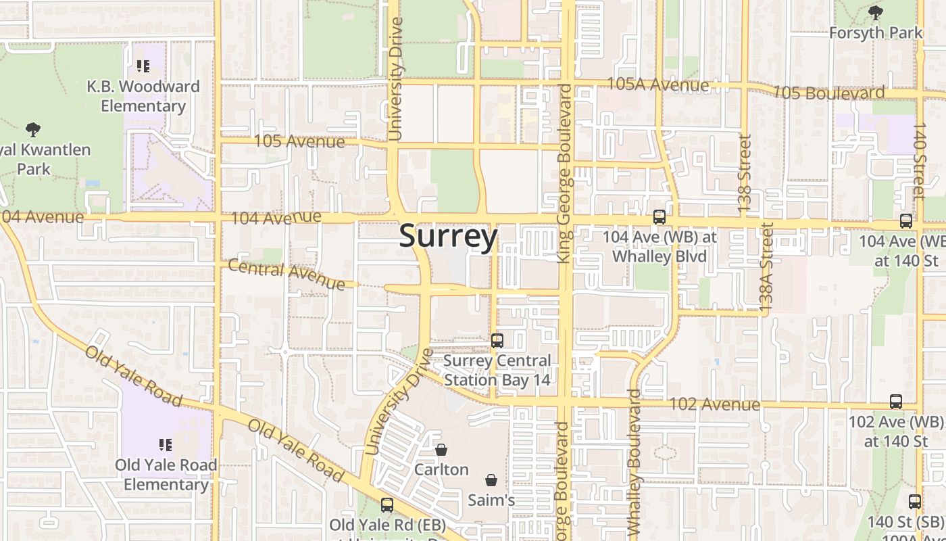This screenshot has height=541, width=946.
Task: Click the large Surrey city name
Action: click(x=449, y=237)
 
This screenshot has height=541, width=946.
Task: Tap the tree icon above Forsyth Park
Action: click(x=875, y=13)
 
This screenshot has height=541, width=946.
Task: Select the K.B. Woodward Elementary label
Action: click(x=143, y=96)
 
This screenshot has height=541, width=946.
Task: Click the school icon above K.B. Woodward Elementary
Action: click(x=143, y=66)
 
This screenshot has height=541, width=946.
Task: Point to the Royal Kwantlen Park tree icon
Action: click(x=32, y=129)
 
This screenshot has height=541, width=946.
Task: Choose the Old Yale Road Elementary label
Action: click(x=166, y=475)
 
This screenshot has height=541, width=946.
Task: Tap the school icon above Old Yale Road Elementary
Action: click(x=166, y=445)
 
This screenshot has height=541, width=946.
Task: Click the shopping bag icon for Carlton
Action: click(x=441, y=450)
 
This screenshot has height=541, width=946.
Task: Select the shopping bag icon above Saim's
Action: click(x=491, y=480)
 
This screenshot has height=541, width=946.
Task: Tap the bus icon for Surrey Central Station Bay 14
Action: click(x=497, y=340)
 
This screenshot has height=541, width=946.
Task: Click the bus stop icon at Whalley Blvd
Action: click(x=659, y=217)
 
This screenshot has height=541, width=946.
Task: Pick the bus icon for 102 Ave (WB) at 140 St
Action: click(x=896, y=402)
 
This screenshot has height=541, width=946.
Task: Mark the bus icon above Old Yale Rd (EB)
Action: click(x=387, y=504)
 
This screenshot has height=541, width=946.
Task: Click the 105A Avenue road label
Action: click(x=658, y=85)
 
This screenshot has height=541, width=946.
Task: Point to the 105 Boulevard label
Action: click(x=828, y=92)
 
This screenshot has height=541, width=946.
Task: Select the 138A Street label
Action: click(x=767, y=268)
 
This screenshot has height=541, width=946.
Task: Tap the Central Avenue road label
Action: click(x=287, y=274)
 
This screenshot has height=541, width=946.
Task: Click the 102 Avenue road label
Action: click(x=714, y=404)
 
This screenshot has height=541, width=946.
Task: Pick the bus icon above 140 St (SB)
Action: click(x=914, y=502)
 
